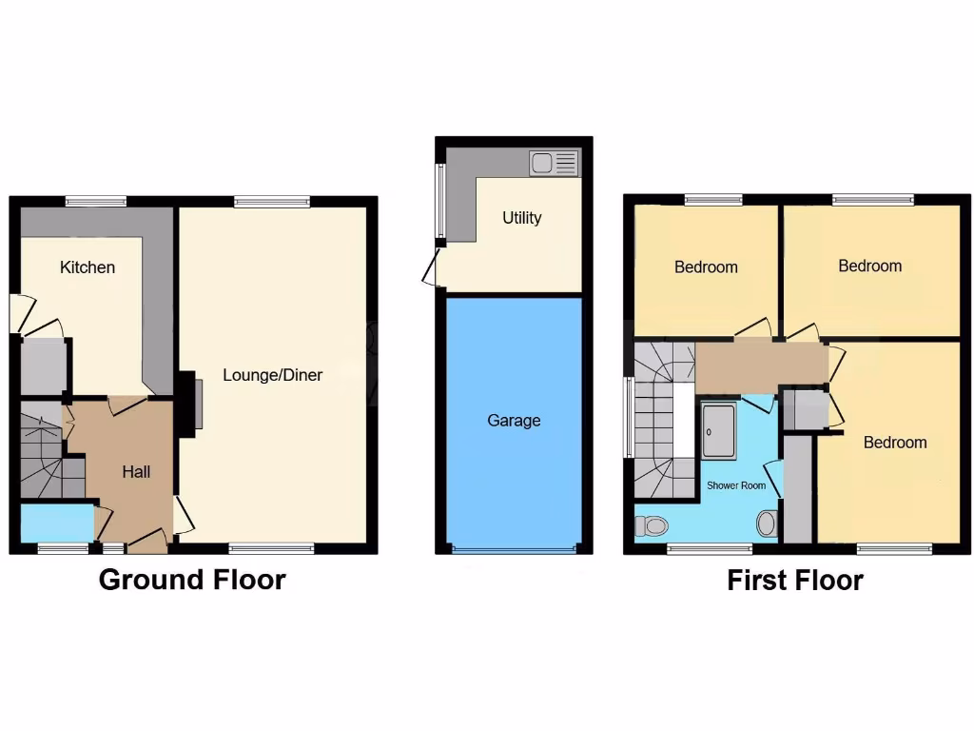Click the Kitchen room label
click(88, 267)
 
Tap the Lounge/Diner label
click(273, 375)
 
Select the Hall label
click(136, 471)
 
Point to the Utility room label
click(522, 218)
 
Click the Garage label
click(514, 421)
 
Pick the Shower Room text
click(735, 485)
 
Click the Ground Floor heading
click(192, 579)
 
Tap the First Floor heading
click(795, 580)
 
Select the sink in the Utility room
click(554, 163)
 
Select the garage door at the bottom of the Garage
click(514, 549)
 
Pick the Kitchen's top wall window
click(96, 201)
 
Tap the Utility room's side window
click(439, 201)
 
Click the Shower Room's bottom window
click(709, 547)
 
